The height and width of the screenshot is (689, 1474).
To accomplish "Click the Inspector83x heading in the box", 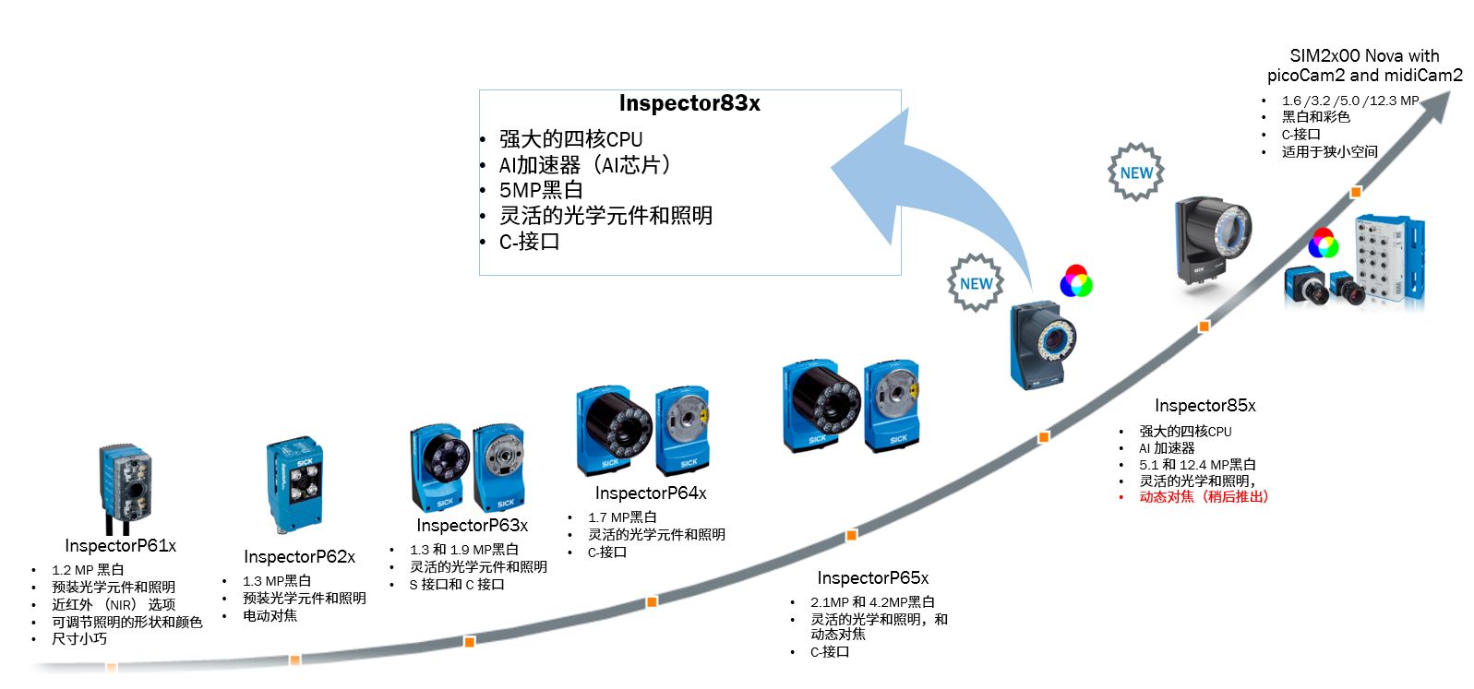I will (689, 103).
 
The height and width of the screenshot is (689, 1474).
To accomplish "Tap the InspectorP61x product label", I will (120, 546).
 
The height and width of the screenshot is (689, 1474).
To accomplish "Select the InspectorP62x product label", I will (299, 557).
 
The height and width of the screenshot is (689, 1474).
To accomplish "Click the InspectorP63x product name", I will (472, 526).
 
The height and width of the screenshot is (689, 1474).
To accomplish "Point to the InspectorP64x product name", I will (651, 493).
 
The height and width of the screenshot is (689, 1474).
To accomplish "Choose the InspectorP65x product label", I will (872, 578).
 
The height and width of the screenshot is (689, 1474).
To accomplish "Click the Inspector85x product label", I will (1204, 406).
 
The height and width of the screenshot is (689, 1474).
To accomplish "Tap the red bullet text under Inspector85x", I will (1203, 497).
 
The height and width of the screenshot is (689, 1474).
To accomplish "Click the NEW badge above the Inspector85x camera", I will (1136, 172).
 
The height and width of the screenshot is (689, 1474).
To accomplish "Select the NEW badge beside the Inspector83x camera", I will (976, 283).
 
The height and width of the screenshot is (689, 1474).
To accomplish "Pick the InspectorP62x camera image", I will (295, 484).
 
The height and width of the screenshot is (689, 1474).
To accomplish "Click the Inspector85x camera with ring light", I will (1212, 240).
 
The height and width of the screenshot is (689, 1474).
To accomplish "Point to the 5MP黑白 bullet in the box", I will (541, 191).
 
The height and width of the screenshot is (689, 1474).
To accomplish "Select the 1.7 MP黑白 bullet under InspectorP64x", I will (622, 517).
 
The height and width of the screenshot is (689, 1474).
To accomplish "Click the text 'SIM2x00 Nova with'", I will (1364, 56).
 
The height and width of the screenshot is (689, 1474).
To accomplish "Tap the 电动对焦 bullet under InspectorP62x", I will (270, 616).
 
